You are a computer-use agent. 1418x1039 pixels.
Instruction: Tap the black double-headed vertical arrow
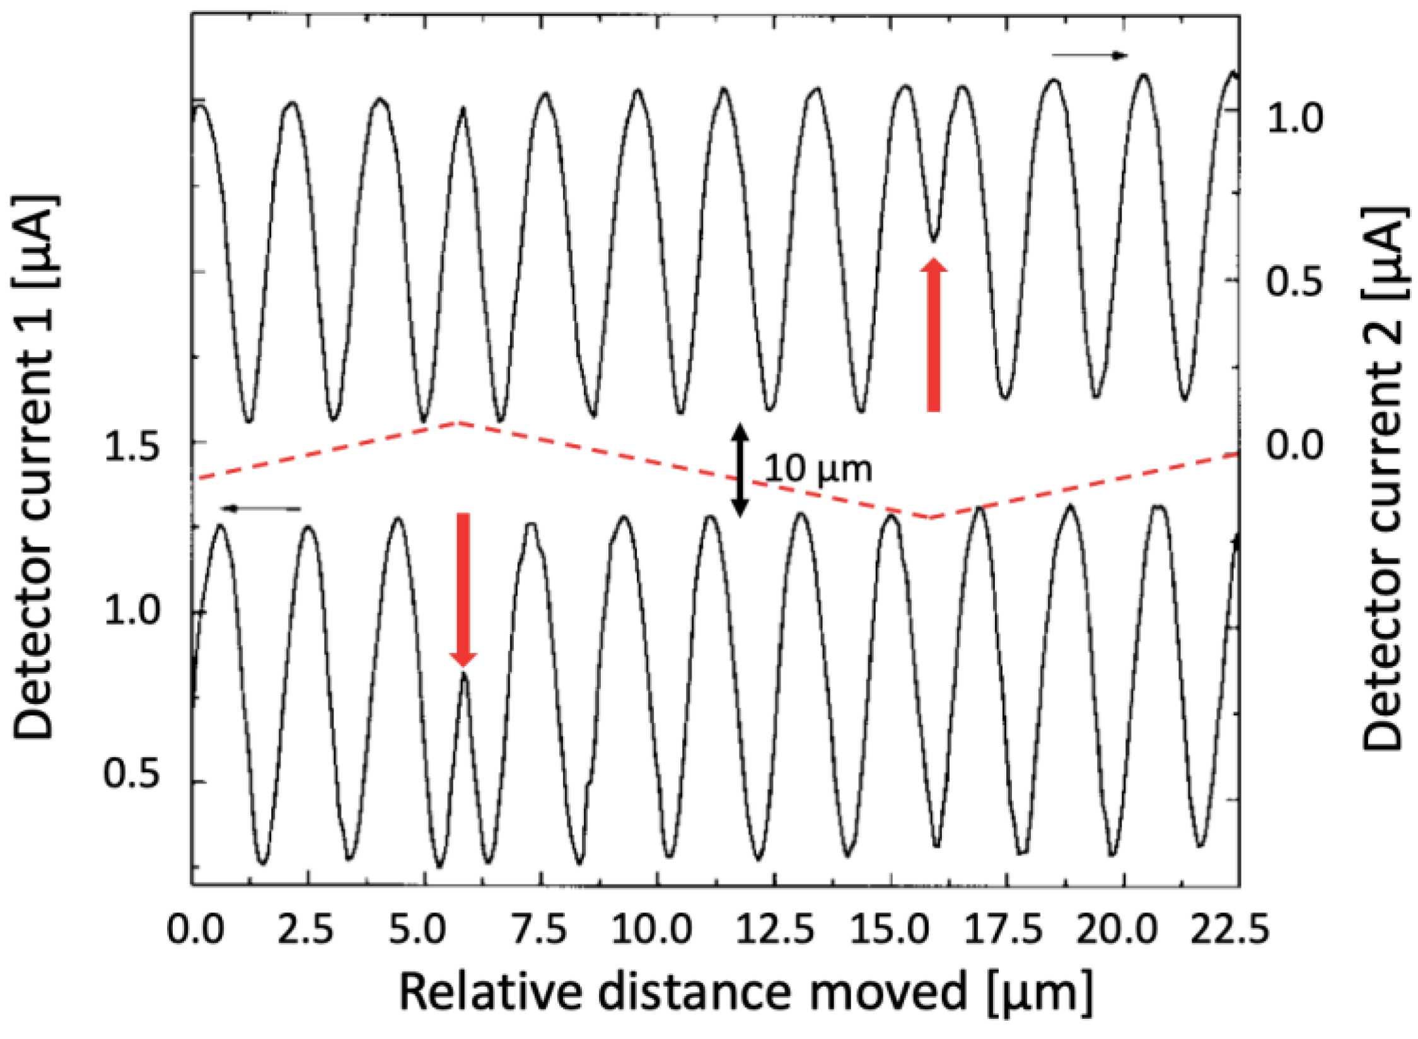[740, 470]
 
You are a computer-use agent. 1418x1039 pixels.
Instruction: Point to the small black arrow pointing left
[260, 508]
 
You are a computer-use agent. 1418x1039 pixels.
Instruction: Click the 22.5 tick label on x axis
[1229, 931]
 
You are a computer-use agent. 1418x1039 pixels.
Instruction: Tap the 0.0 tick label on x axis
[196, 931]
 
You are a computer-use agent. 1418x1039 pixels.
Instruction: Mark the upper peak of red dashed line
[458, 422]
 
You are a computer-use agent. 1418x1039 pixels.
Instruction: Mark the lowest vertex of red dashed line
[932, 518]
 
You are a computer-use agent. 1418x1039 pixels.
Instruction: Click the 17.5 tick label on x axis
[1003, 931]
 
